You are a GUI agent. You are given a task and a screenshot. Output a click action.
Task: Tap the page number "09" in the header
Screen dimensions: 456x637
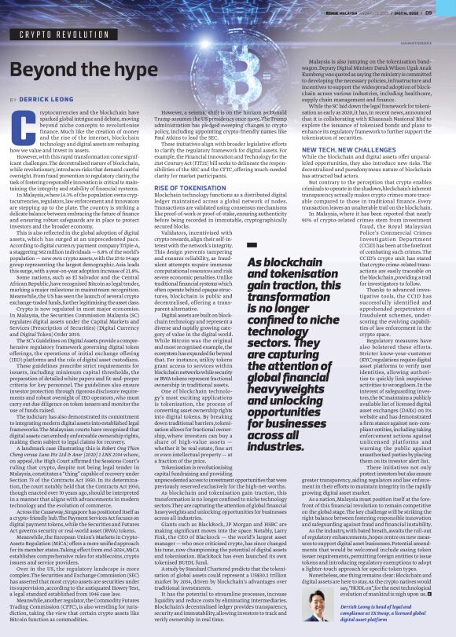coord(441,12)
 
